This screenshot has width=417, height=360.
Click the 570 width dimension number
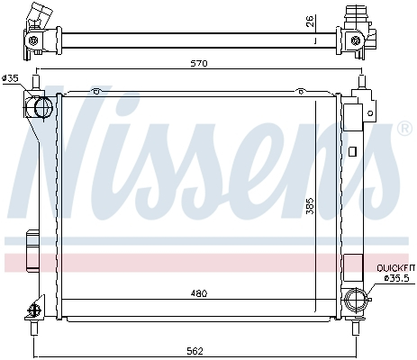(199, 64)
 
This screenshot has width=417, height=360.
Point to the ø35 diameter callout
(11, 78)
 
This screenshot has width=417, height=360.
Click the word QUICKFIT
(393, 267)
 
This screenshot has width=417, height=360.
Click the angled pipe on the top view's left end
(37, 16)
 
